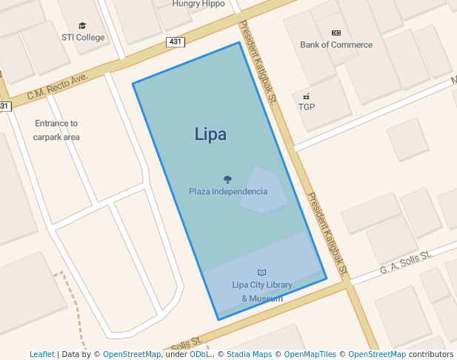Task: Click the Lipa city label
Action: point(210,134)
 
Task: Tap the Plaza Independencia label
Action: point(228,191)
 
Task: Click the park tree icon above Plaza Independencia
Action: point(227,179)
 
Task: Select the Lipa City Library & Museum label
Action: point(261,291)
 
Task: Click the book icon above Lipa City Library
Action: point(261,273)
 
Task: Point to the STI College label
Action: point(83,37)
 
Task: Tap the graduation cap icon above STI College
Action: point(82,25)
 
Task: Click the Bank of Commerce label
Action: point(336,44)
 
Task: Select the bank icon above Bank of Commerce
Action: point(336,33)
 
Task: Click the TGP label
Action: point(307,107)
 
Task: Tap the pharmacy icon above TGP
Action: point(306,96)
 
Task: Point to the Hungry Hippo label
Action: point(199,4)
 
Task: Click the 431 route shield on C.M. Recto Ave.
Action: point(176,42)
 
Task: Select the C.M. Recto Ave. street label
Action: point(57,87)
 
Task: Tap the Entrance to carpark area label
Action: point(56,130)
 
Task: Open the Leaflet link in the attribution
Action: point(41,354)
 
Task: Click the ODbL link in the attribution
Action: point(200,354)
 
